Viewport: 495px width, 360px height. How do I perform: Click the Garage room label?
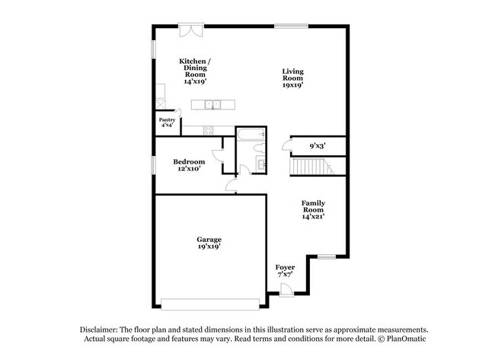click(209, 243)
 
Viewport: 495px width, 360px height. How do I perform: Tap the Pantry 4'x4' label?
click(167, 123)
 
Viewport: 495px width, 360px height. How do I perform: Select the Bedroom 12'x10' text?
click(189, 165)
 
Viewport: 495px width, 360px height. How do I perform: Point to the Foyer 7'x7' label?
click(285, 271)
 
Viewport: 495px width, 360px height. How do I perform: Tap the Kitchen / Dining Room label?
click(195, 72)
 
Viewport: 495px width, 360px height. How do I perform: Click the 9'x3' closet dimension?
click(318, 146)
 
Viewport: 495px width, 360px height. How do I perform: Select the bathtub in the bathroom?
click(251, 134)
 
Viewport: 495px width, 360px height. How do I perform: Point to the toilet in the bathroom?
click(259, 148)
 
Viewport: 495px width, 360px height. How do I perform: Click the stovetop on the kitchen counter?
click(208, 130)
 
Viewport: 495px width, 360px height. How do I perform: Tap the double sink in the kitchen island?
click(212, 104)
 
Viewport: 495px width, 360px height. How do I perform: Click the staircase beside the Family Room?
click(312, 166)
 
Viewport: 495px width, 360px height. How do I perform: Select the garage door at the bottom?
click(210, 304)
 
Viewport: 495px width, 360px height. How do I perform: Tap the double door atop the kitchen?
click(191, 30)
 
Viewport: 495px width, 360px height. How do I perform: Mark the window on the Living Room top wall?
click(291, 26)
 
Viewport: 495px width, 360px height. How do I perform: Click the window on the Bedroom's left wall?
click(153, 165)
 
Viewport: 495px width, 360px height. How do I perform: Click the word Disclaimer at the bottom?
click(99, 330)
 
